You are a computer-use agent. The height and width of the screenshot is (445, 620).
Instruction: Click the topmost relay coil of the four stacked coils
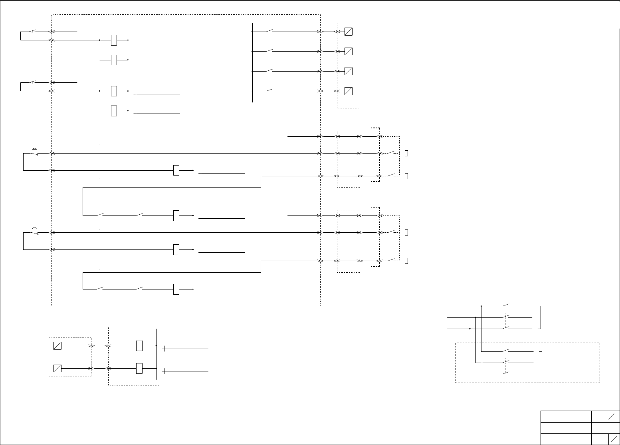114,40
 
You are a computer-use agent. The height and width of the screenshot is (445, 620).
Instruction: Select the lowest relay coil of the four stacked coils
114,111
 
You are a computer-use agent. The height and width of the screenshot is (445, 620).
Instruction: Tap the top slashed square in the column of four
348,32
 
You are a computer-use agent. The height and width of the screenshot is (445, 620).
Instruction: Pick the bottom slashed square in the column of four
348,91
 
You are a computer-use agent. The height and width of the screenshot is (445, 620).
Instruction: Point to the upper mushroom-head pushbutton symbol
35,151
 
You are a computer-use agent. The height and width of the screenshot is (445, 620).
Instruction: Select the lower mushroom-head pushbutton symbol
35,230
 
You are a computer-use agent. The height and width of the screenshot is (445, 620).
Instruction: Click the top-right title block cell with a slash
605,416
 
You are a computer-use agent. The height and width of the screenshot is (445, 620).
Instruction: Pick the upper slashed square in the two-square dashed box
57,345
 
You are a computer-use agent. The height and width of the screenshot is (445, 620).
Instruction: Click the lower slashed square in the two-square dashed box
57,368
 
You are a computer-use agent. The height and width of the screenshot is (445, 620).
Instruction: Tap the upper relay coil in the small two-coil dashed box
139,345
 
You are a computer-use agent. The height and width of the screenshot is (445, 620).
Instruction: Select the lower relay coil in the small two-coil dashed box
139,368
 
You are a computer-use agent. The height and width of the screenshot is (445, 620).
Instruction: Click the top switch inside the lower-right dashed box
506,351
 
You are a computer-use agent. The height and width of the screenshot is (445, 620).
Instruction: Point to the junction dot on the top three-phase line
481,306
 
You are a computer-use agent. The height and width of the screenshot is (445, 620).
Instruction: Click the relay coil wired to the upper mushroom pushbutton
176,170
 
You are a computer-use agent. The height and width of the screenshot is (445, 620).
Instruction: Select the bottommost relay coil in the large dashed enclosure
176,289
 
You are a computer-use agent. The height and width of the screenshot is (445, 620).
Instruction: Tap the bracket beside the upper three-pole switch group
540,317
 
